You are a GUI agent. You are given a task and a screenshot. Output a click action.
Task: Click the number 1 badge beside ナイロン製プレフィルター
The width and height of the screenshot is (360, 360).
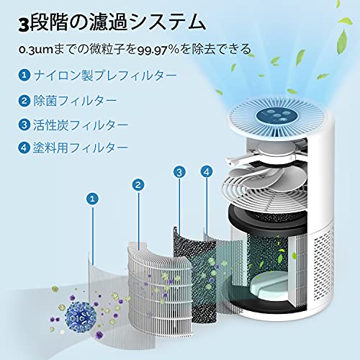(24, 75)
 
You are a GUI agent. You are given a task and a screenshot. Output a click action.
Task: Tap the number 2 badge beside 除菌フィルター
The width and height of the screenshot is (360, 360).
(24, 101)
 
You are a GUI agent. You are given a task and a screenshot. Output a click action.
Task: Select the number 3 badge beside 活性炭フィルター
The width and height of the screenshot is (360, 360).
(24, 125)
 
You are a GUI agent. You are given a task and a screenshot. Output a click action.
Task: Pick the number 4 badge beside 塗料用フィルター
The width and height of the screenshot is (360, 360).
(24, 148)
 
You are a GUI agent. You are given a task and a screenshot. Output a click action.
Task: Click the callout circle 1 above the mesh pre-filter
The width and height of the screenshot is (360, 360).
(93, 199)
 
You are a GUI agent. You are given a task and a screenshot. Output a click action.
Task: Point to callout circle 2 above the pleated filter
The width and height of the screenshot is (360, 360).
(138, 185)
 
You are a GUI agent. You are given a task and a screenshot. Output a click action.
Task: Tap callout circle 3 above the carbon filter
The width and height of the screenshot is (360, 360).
(179, 172)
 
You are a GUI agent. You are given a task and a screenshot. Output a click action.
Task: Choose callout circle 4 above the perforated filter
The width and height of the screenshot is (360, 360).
(207, 171)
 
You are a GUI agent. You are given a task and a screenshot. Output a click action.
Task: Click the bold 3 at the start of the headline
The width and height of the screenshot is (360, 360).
(24, 24)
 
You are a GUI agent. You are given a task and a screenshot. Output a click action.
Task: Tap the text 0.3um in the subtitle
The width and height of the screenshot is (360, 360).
(36, 50)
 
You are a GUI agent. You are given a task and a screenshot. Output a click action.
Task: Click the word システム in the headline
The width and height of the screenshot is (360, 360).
(166, 23)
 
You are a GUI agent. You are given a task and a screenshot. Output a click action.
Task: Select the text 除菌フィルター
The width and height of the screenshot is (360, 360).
(75, 101)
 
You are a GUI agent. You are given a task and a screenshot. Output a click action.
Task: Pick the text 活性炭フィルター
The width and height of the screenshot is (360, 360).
(81, 125)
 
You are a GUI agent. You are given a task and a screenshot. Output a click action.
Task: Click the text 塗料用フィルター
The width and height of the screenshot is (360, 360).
(81, 148)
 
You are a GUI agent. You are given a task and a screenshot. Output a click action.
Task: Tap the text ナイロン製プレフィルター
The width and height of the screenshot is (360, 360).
(105, 75)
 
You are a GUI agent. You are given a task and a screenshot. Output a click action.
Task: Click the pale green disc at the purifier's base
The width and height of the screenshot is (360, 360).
(270, 287)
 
